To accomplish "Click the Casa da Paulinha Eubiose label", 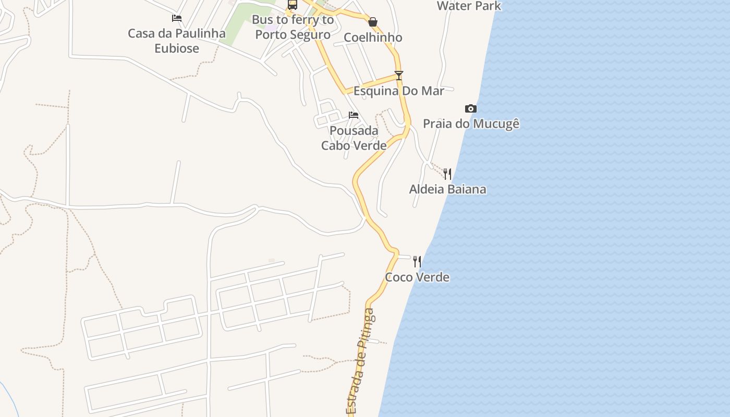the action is pos(177,41).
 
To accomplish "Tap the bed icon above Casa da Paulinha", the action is pos(177,18).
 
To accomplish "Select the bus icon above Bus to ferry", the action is pos(293,5).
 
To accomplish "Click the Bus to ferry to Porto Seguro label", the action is pos(293,27).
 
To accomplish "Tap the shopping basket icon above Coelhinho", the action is pos(373,22).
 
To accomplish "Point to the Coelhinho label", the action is pos(373,38).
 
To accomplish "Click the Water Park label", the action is pos(469,6).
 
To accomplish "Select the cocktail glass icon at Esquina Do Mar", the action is pos(399,75).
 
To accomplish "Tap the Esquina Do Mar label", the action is pos(399,91).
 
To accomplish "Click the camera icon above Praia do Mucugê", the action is pos(470,108).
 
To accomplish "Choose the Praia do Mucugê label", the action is pos(471,124).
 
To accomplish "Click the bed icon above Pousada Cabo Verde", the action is pos(354,115).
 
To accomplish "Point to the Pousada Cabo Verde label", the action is pos(354,138).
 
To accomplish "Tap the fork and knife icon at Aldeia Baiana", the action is pos(447,174).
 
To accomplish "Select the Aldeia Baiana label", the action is pos(447,189).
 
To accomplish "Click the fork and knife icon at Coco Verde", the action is pos(417,261).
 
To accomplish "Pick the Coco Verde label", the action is pos(417,277).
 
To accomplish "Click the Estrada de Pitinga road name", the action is pos(360,362).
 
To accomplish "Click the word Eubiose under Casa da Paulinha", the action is pos(177,48).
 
